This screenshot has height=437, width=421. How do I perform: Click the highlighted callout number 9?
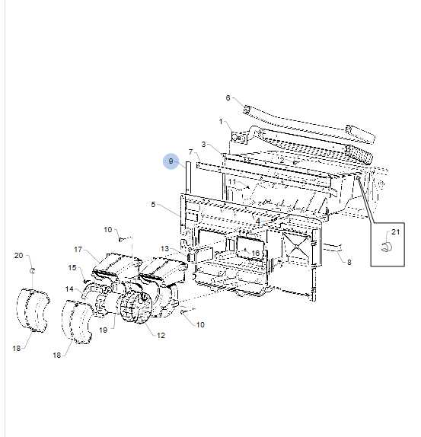tap(171, 161)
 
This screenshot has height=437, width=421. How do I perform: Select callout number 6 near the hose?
tap(228, 97)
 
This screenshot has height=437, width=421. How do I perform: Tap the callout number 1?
tap(222, 122)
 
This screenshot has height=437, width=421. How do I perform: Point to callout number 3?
tap(204, 144)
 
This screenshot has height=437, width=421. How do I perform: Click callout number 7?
tap(190, 152)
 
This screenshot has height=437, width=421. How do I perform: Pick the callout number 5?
tap(153, 205)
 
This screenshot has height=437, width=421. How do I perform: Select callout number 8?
tap(349, 263)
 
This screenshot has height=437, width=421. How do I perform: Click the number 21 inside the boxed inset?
tap(395, 231)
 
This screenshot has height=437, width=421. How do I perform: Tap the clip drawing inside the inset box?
tap(386, 246)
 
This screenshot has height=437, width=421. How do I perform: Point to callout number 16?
tap(256, 253)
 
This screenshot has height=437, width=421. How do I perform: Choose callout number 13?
tap(164, 249)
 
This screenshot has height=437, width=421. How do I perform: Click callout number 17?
tap(78, 250)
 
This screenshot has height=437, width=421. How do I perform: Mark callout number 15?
tap(73, 268)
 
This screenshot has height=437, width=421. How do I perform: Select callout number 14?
tap(69, 289)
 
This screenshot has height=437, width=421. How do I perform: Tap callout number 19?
tap(101, 330)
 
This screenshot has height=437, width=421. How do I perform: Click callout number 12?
tap(161, 335)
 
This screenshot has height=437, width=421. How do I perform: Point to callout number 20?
tap(18, 256)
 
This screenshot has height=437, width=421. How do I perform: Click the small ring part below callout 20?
tap(32, 270)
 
